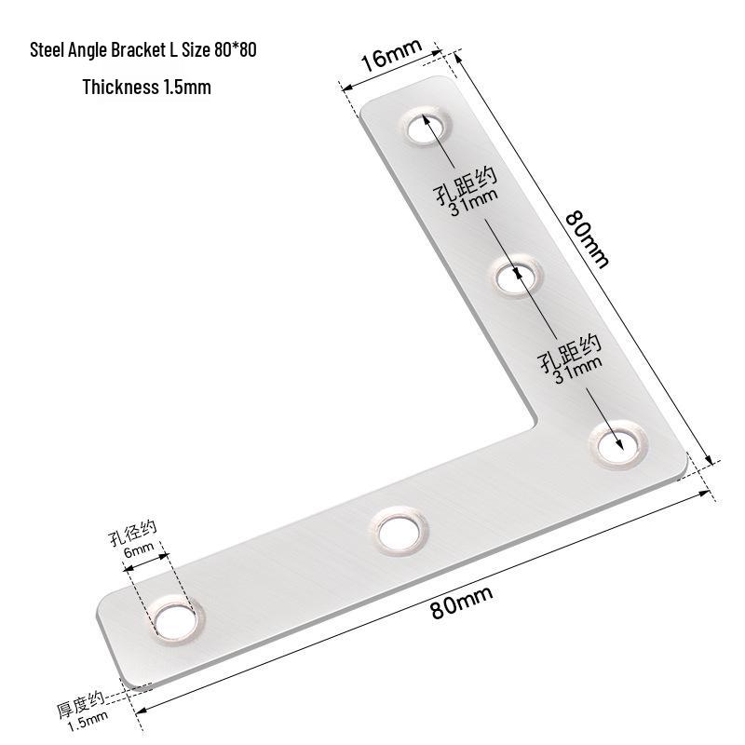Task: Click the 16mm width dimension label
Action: [391, 54]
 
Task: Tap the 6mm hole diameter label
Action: [139, 549]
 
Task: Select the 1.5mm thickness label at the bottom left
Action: [88, 721]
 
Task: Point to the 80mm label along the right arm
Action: [588, 239]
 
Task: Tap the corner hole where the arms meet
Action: [618, 445]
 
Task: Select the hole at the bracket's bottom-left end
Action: [175, 621]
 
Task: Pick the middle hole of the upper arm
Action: [516, 276]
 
